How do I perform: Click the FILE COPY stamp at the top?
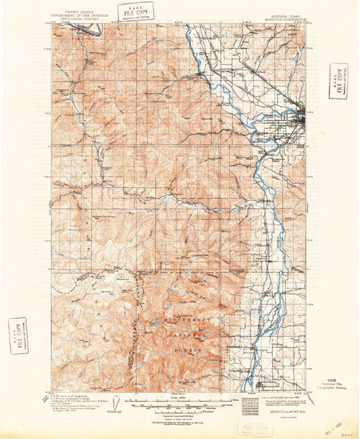[x=135, y=10]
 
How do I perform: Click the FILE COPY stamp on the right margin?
[x=338, y=80]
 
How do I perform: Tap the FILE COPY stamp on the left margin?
[x=18, y=336]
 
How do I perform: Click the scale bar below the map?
[x=178, y=405]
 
